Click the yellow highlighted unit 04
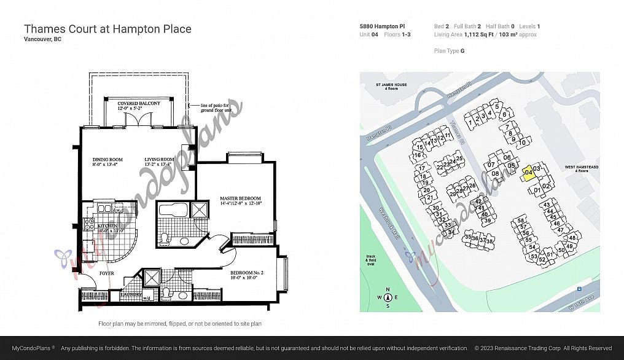tap(528, 174)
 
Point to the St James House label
tap(391, 87)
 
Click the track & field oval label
tap(370, 260)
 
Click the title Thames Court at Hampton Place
tap(107, 29)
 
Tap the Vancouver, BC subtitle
tap(42, 39)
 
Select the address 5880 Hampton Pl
tap(382, 26)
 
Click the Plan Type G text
tap(449, 51)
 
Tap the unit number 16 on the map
tap(417, 155)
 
